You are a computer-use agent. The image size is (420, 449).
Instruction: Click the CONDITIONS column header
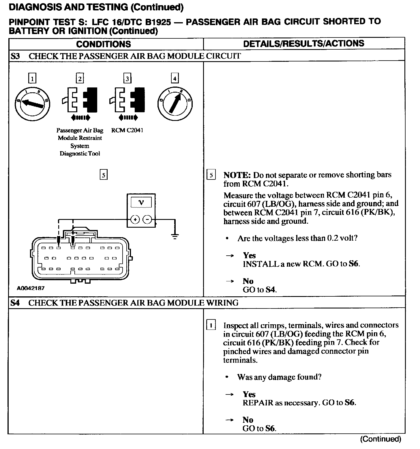tap(103, 44)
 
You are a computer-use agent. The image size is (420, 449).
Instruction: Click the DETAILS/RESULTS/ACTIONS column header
tap(303, 44)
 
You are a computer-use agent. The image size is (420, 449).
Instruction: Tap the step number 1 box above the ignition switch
tap(32, 78)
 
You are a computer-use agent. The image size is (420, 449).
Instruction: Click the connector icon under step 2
tap(80, 100)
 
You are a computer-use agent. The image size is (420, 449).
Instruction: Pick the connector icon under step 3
tap(127, 100)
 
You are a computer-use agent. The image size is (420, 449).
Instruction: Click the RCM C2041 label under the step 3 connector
tap(127, 130)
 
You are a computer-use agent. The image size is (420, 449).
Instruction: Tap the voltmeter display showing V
tap(141, 202)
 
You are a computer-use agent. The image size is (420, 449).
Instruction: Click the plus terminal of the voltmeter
tap(135, 220)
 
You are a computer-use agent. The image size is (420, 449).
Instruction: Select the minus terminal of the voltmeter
tap(147, 220)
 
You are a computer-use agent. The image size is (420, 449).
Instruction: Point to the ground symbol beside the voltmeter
tap(175, 236)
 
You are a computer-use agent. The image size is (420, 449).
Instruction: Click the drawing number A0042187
tap(31, 288)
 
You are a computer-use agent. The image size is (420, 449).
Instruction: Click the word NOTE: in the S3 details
tap(237, 175)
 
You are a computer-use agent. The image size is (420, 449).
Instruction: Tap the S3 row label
tap(15, 56)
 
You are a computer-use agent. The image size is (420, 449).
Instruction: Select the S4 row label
tap(15, 303)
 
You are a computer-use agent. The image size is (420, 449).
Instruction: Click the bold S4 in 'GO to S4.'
tap(270, 290)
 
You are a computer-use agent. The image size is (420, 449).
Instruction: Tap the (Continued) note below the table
tap(380, 439)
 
